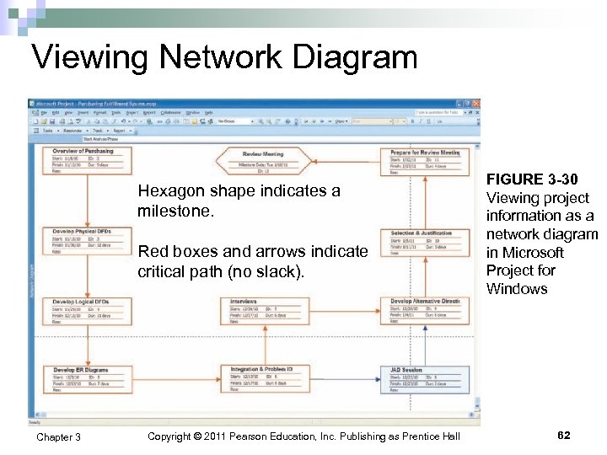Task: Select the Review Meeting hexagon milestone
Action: (x=263, y=160)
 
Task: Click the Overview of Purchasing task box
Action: (x=83, y=160)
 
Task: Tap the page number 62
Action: (x=564, y=436)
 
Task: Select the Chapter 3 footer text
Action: (x=58, y=436)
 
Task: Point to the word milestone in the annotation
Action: (x=176, y=211)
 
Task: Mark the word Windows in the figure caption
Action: (x=517, y=289)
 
